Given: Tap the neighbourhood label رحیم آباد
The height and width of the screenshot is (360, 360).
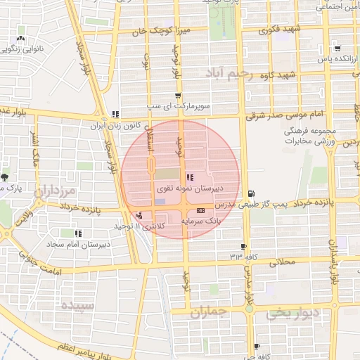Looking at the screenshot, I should [x=229, y=72].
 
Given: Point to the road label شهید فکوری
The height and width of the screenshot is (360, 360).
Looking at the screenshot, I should [x=280, y=30].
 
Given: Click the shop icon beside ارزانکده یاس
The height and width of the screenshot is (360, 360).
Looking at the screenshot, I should [x=339, y=49].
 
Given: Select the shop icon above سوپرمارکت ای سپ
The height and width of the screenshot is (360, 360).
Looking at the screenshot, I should [x=177, y=95].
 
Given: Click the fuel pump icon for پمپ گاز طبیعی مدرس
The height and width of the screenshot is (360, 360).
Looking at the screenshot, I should [x=251, y=193].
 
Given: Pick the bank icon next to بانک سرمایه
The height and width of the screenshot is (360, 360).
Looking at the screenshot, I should [x=200, y=211].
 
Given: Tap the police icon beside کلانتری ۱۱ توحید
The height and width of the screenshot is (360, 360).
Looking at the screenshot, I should [x=140, y=216].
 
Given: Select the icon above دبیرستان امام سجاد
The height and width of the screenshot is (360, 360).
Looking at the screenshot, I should [x=78, y=233].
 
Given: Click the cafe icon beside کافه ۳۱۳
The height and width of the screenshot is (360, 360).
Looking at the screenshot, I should [x=244, y=246].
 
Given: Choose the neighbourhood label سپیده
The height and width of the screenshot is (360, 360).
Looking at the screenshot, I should [x=77, y=305].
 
